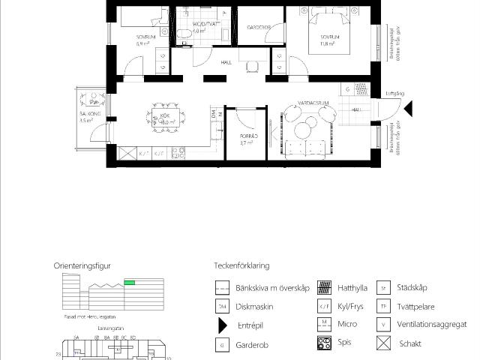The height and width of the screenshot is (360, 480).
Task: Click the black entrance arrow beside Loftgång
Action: pos(408,109)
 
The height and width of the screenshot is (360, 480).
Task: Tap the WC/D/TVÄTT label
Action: pos(204,24)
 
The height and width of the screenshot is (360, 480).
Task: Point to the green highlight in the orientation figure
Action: pos(130,282)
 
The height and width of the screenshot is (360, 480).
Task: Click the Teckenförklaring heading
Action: pos(241,265)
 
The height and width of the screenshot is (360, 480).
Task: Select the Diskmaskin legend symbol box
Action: pos(222,307)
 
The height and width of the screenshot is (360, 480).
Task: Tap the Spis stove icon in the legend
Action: pos(325,344)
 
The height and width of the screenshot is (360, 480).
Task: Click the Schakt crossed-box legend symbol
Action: pos(384,344)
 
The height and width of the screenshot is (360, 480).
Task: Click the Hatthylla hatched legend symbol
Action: pos(325,287)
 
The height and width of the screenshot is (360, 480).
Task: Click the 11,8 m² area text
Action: pos(327,43)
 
